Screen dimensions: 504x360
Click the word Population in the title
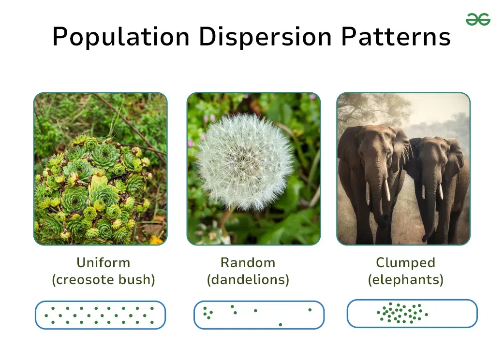(x=121, y=37)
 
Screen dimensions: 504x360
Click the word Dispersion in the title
(x=265, y=37)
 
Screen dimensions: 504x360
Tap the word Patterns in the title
(x=396, y=36)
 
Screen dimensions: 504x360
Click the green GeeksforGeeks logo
(x=478, y=19)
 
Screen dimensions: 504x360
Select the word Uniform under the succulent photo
(x=104, y=263)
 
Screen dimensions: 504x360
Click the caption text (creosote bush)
(x=104, y=280)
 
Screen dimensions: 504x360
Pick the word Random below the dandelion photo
(x=248, y=263)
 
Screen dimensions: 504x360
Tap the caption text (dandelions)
(x=248, y=280)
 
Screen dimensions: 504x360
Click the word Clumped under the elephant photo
(x=406, y=263)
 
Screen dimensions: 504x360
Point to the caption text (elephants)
(x=406, y=280)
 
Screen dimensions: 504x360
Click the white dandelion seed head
(x=245, y=160)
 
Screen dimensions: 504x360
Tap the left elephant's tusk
(x=387, y=189)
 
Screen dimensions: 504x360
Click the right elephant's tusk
(x=441, y=191)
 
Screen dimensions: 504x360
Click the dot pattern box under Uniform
(x=100, y=315)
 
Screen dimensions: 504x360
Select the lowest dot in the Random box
(x=280, y=325)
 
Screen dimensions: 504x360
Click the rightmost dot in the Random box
(x=310, y=310)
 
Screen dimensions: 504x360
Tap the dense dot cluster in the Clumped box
(x=402, y=313)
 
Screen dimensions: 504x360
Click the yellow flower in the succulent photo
(x=156, y=240)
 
